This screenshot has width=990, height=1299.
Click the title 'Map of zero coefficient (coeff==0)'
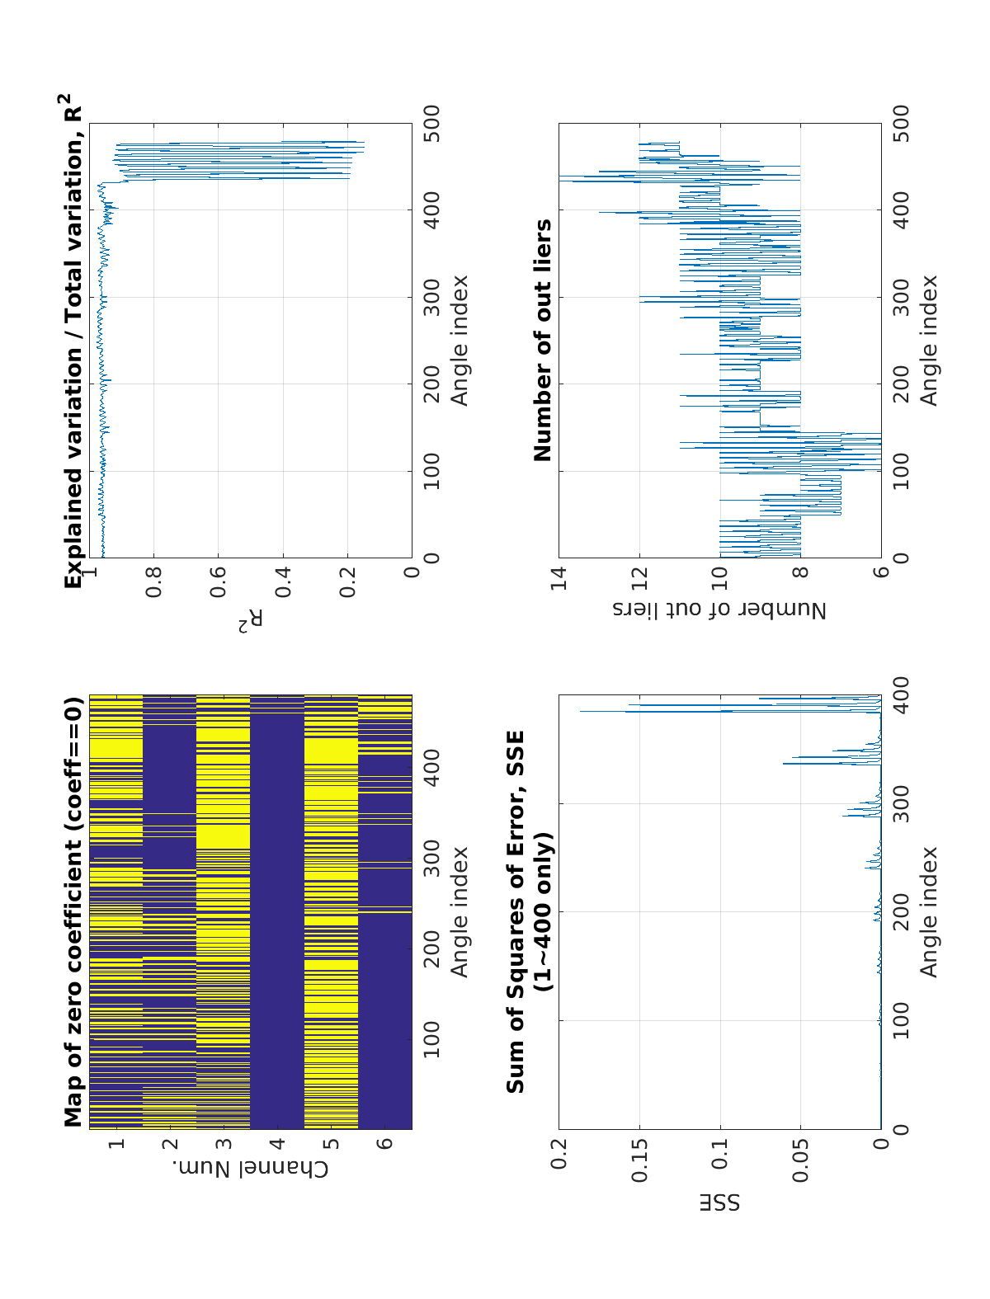tap(74, 912)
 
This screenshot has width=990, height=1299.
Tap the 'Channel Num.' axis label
tap(250, 1169)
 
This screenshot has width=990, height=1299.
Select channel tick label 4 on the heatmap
tap(277, 1144)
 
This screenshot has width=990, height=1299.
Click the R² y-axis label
tap(250, 621)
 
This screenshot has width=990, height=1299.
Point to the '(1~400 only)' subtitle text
tap(542, 912)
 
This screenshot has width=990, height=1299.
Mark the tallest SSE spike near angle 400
tap(582, 710)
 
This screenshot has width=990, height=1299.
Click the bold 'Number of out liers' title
tap(542, 340)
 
